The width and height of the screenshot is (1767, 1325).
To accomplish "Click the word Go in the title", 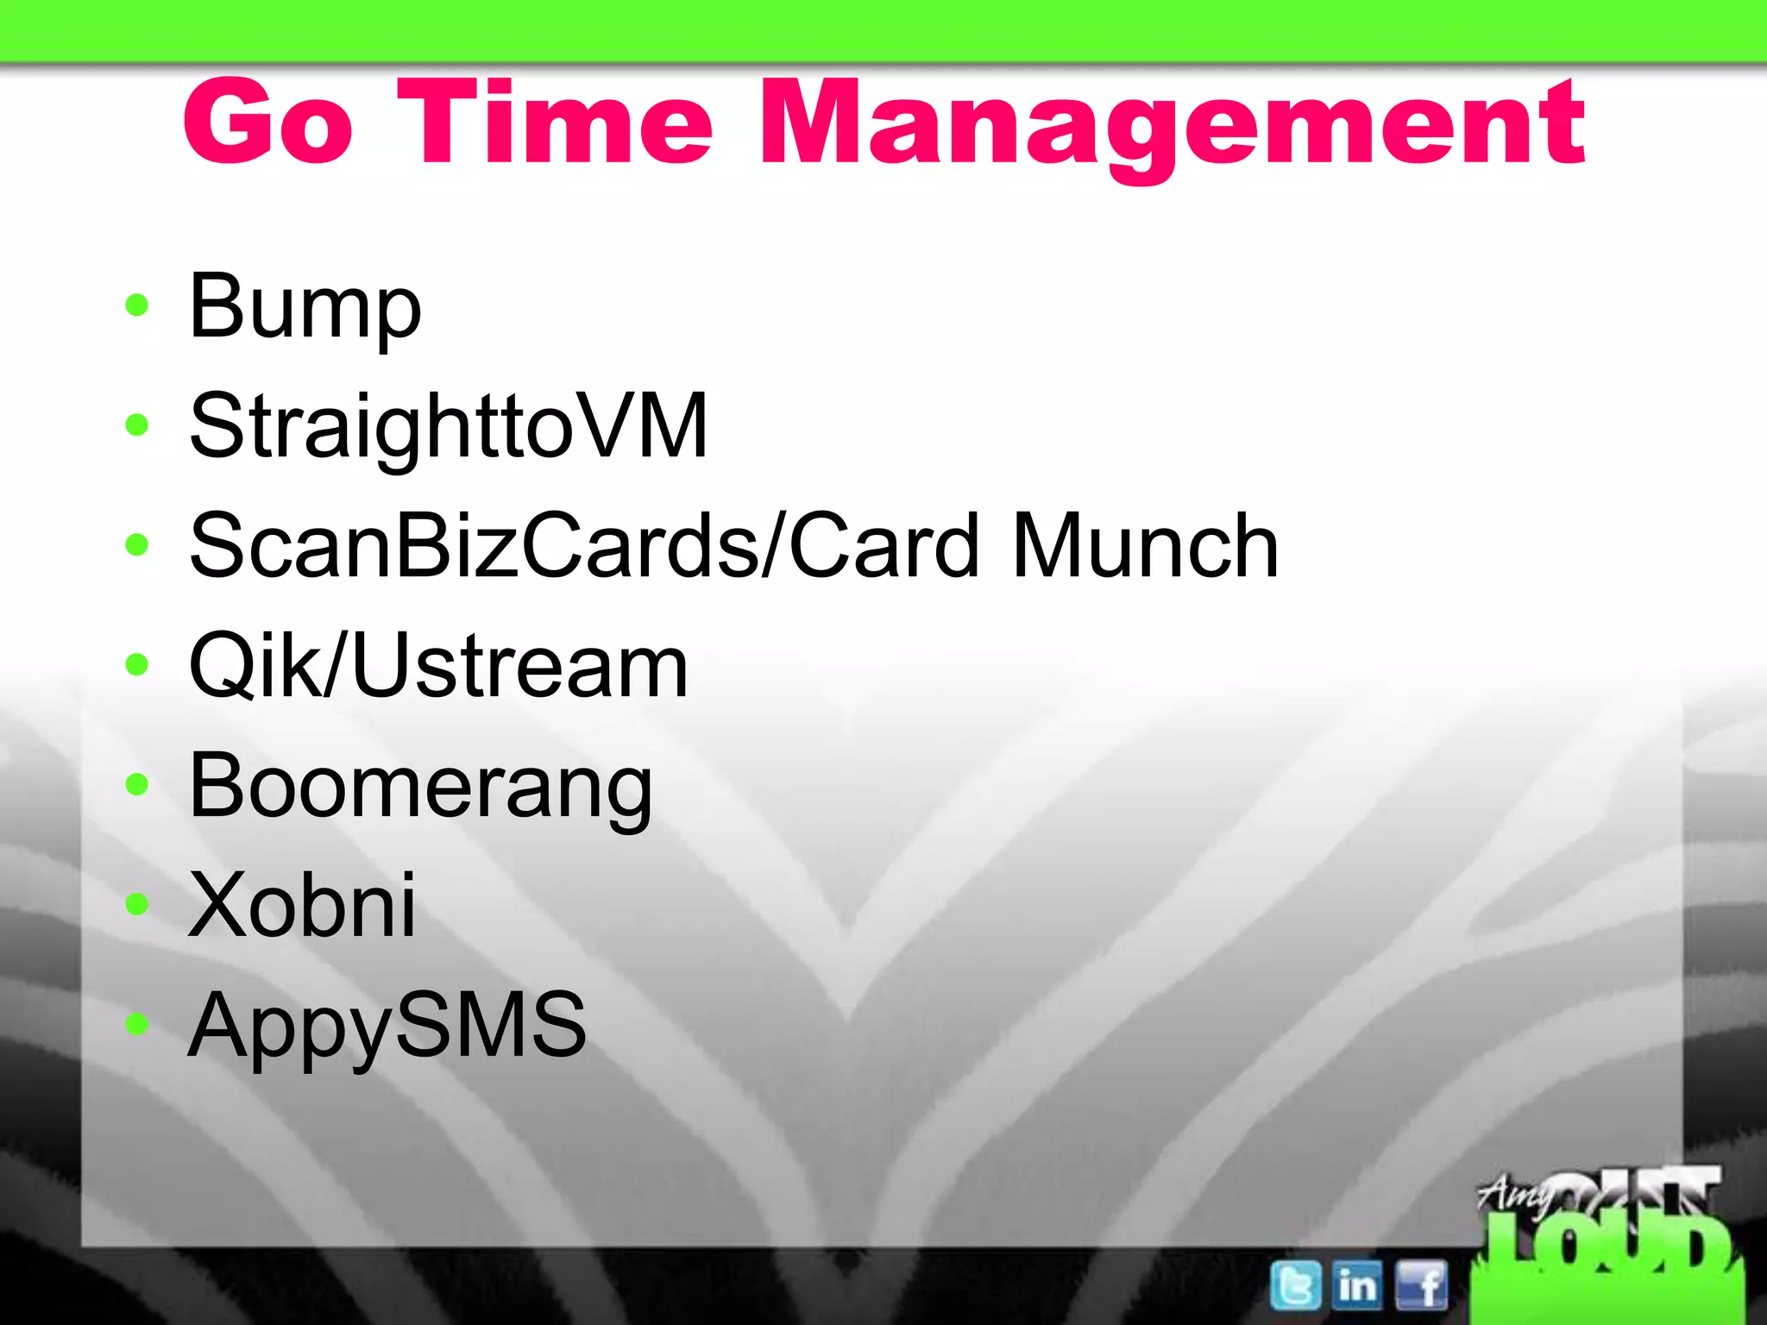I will pyautogui.click(x=268, y=122).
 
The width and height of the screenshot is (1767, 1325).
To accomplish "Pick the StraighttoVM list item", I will pyautogui.click(x=449, y=427).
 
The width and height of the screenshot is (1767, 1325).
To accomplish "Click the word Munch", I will pyautogui.click(x=1145, y=546).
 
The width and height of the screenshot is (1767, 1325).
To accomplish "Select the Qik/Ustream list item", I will pyautogui.click(x=438, y=665).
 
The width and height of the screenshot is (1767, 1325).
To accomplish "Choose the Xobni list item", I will pyautogui.click(x=302, y=905).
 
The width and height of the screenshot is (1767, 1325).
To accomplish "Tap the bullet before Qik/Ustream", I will pyautogui.click(x=136, y=664).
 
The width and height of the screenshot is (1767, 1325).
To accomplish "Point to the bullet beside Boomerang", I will pyautogui.click(x=136, y=784).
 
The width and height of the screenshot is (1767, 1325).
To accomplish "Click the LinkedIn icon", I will pyautogui.click(x=1357, y=1285).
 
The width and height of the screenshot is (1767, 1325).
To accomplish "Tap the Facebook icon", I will pyautogui.click(x=1421, y=1285).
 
